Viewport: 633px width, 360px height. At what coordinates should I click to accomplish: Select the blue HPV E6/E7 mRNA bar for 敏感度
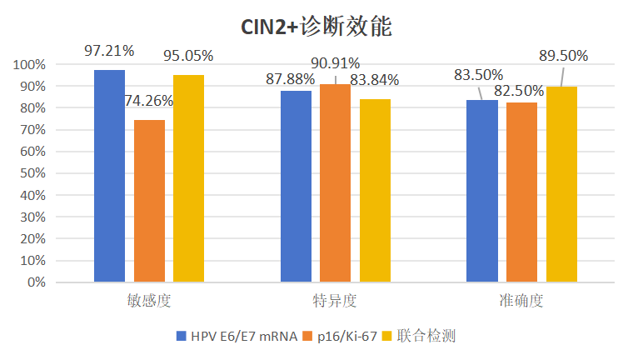click(x=109, y=176)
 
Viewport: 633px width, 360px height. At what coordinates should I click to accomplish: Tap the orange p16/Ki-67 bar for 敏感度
click(x=149, y=201)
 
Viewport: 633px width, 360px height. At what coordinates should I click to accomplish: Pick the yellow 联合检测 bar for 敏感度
click(x=188, y=178)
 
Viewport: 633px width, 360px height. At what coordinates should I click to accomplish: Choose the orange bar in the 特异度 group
click(x=336, y=182)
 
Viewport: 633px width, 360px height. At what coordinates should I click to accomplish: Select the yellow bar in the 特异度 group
click(x=375, y=190)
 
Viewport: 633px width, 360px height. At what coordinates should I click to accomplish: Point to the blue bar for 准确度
click(x=482, y=191)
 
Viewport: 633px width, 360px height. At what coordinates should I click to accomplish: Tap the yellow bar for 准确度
click(x=561, y=184)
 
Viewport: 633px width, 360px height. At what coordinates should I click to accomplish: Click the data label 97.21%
click(x=109, y=51)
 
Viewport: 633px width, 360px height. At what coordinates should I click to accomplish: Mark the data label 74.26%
click(x=149, y=101)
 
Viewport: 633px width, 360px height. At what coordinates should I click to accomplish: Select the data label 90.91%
click(x=336, y=63)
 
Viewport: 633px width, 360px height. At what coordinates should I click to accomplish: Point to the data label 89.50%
click(x=564, y=56)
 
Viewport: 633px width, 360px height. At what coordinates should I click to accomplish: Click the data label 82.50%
click(x=521, y=90)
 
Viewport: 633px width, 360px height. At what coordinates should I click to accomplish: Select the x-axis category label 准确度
click(x=522, y=300)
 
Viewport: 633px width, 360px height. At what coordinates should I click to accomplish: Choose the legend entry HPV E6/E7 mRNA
click(x=237, y=336)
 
